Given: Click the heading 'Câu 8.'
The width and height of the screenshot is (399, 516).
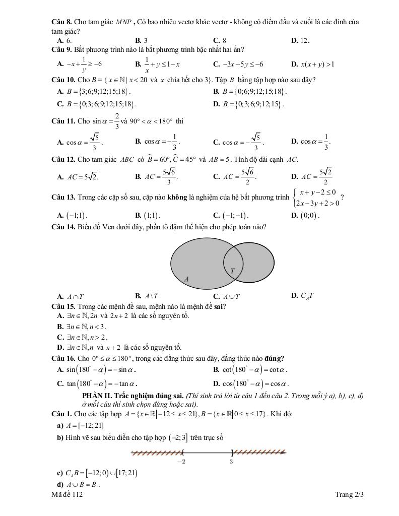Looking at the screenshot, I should click(x=62, y=23).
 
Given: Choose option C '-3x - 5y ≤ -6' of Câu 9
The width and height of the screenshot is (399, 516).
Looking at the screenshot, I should click(x=242, y=64).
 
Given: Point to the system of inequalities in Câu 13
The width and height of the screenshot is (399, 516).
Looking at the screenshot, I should click(x=316, y=198).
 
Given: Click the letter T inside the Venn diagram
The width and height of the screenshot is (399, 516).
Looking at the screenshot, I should click(x=233, y=271).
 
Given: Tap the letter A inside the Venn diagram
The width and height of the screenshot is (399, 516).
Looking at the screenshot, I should click(x=186, y=279).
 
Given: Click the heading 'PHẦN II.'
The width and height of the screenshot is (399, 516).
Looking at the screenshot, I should click(x=98, y=396).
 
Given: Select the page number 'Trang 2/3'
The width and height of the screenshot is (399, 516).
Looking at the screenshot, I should click(x=349, y=495).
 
